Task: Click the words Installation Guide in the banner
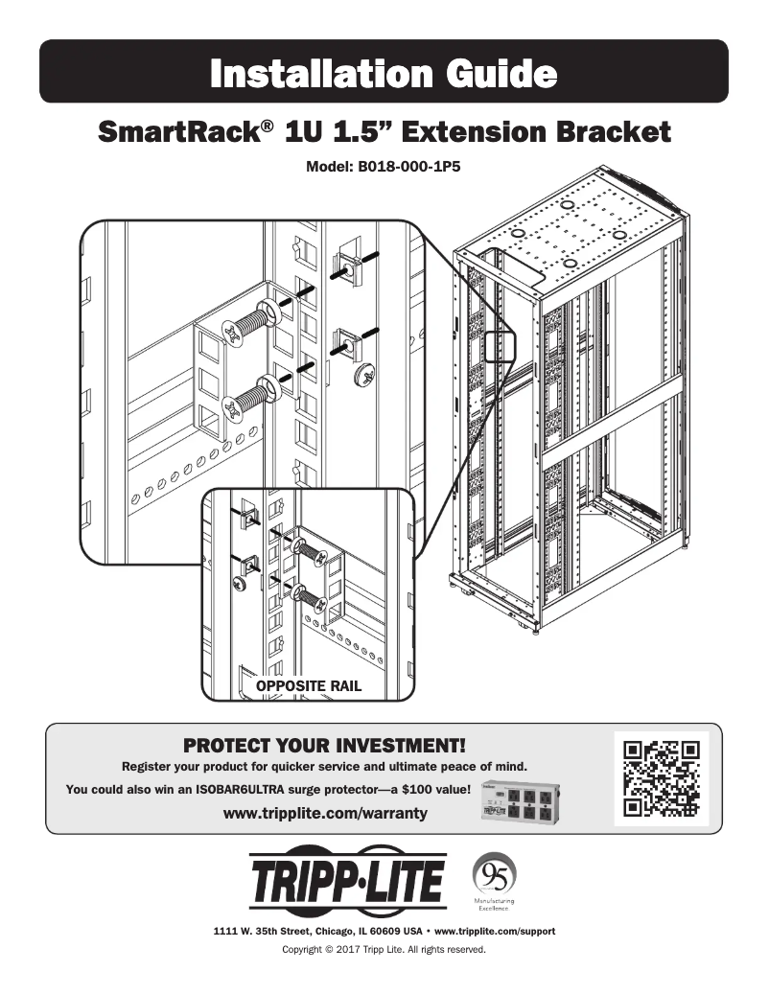[384, 73]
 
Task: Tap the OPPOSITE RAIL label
[308, 686]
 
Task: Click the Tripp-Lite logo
[347, 881]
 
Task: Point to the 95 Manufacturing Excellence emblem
[495, 882]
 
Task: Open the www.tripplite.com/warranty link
[324, 814]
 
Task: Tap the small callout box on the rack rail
[501, 345]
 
